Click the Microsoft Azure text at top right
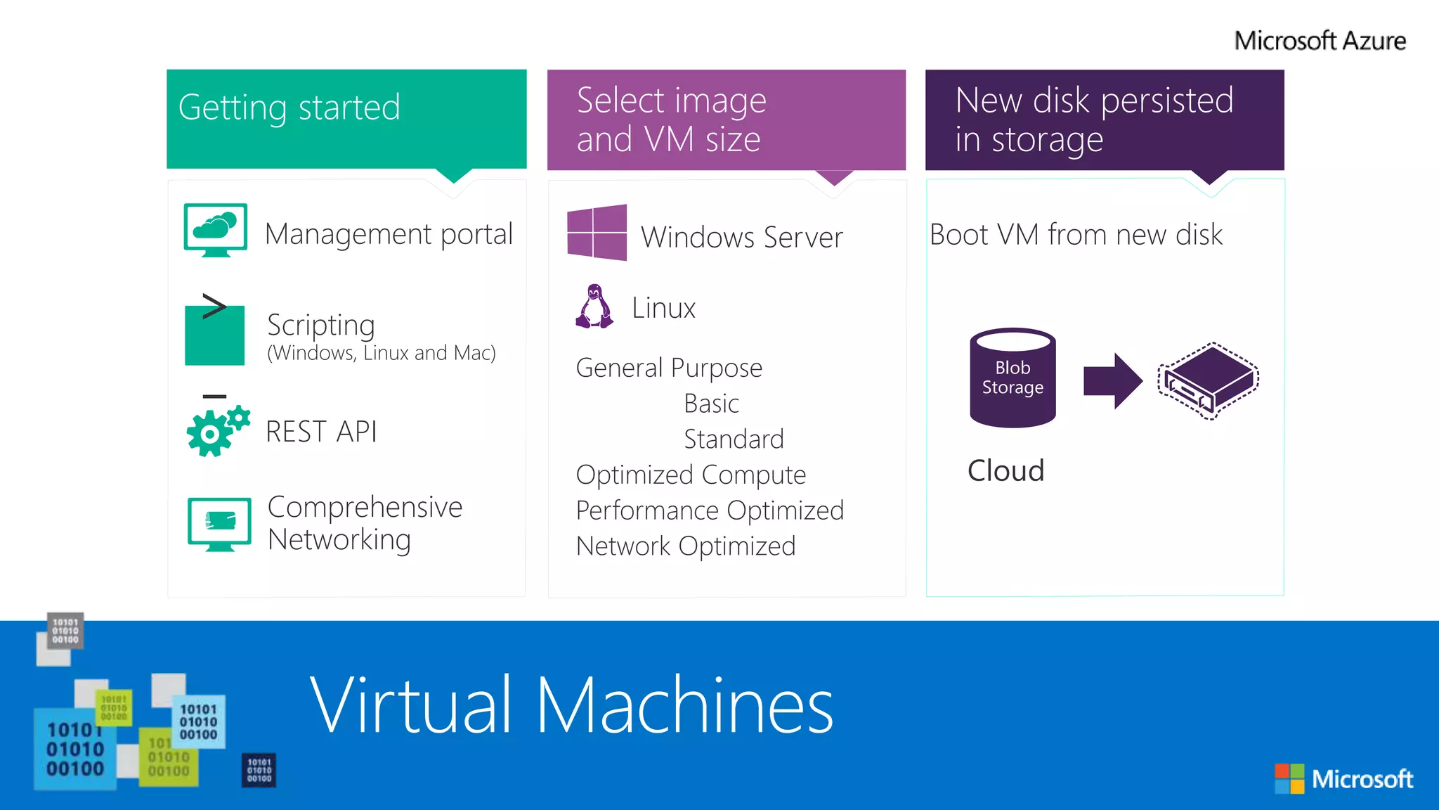1320,41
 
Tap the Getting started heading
289,108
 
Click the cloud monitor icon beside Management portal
215,229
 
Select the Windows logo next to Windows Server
597,233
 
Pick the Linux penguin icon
594,307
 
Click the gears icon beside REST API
218,430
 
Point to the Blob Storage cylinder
1012,378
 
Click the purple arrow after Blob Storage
1112,381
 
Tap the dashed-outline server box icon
1209,380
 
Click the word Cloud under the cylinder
1005,470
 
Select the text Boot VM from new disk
1076,235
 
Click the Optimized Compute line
691,475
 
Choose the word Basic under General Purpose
711,404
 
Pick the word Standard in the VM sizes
734,439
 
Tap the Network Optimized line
686,546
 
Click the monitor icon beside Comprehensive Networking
219,523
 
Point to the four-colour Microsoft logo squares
1289,778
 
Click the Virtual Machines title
571,705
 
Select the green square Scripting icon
214,335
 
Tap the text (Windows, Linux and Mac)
382,353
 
